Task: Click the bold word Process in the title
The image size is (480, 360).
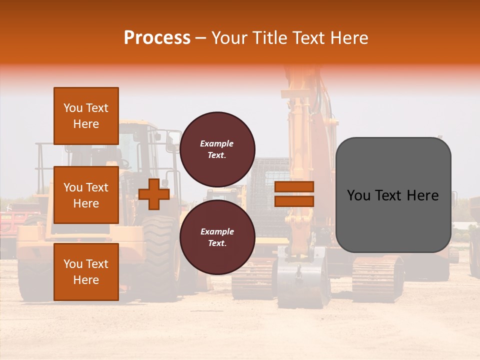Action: (x=157, y=38)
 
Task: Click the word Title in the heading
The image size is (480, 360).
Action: (x=270, y=38)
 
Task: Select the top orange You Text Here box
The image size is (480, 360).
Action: (x=86, y=116)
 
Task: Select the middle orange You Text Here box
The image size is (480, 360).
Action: (x=86, y=195)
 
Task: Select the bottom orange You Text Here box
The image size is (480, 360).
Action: (x=86, y=272)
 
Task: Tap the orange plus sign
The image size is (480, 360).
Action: (x=154, y=194)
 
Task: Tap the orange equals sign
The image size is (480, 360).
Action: (x=294, y=194)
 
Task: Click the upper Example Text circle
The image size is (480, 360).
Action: (x=217, y=149)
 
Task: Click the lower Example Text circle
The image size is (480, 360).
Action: (x=217, y=237)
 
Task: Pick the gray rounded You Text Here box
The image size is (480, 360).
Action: (x=393, y=195)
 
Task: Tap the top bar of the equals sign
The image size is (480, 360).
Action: (x=294, y=187)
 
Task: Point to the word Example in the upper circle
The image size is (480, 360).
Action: (x=217, y=143)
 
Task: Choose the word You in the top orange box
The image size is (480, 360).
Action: (x=73, y=108)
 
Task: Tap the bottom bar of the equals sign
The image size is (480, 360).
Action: (x=294, y=201)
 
